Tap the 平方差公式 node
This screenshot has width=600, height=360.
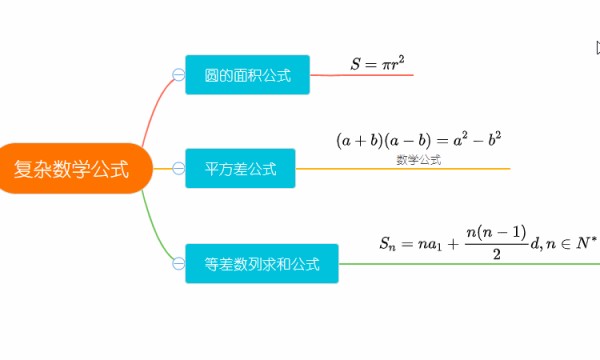coord(240,168)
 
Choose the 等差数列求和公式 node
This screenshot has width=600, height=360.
coord(262,264)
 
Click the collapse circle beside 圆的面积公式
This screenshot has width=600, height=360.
coord(178,75)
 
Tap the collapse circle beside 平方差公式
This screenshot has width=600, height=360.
coord(178,168)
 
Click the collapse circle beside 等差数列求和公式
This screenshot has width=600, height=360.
coord(178,264)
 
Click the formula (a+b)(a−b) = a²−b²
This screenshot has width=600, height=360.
coord(418,140)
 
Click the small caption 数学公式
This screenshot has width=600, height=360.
coord(418,159)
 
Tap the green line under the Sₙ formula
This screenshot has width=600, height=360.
coord(470,264)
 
